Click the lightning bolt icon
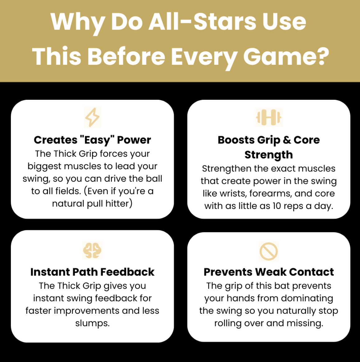92,117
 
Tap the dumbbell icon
269,117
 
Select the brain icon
92,250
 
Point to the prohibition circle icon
269,251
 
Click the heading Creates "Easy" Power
92,140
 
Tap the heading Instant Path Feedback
92,272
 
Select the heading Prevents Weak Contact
269,272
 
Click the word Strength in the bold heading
269,155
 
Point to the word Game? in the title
286,57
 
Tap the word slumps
92,323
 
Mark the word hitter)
119,204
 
